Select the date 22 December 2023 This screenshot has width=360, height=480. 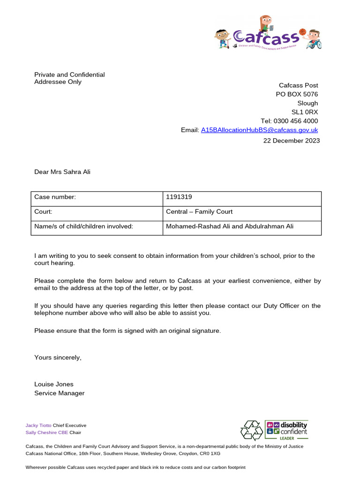(x=291, y=141)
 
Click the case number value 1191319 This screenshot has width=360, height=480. (x=179, y=197)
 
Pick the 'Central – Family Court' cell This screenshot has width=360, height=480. (x=199, y=212)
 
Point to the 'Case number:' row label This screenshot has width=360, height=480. (x=55, y=197)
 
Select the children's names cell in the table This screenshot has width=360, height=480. (x=230, y=226)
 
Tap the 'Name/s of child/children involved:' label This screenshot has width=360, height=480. (x=84, y=226)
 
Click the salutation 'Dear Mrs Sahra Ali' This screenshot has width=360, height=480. (x=62, y=172)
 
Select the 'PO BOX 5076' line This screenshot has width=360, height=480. (x=297, y=94)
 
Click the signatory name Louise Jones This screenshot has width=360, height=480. (x=54, y=384)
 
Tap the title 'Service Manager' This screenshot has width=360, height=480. (x=60, y=393)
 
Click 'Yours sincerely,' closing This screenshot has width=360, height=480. (x=58, y=358)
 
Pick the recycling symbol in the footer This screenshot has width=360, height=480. (x=252, y=430)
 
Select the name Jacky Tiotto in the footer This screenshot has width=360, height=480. (x=38, y=425)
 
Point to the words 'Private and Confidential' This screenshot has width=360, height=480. (x=69, y=75)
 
